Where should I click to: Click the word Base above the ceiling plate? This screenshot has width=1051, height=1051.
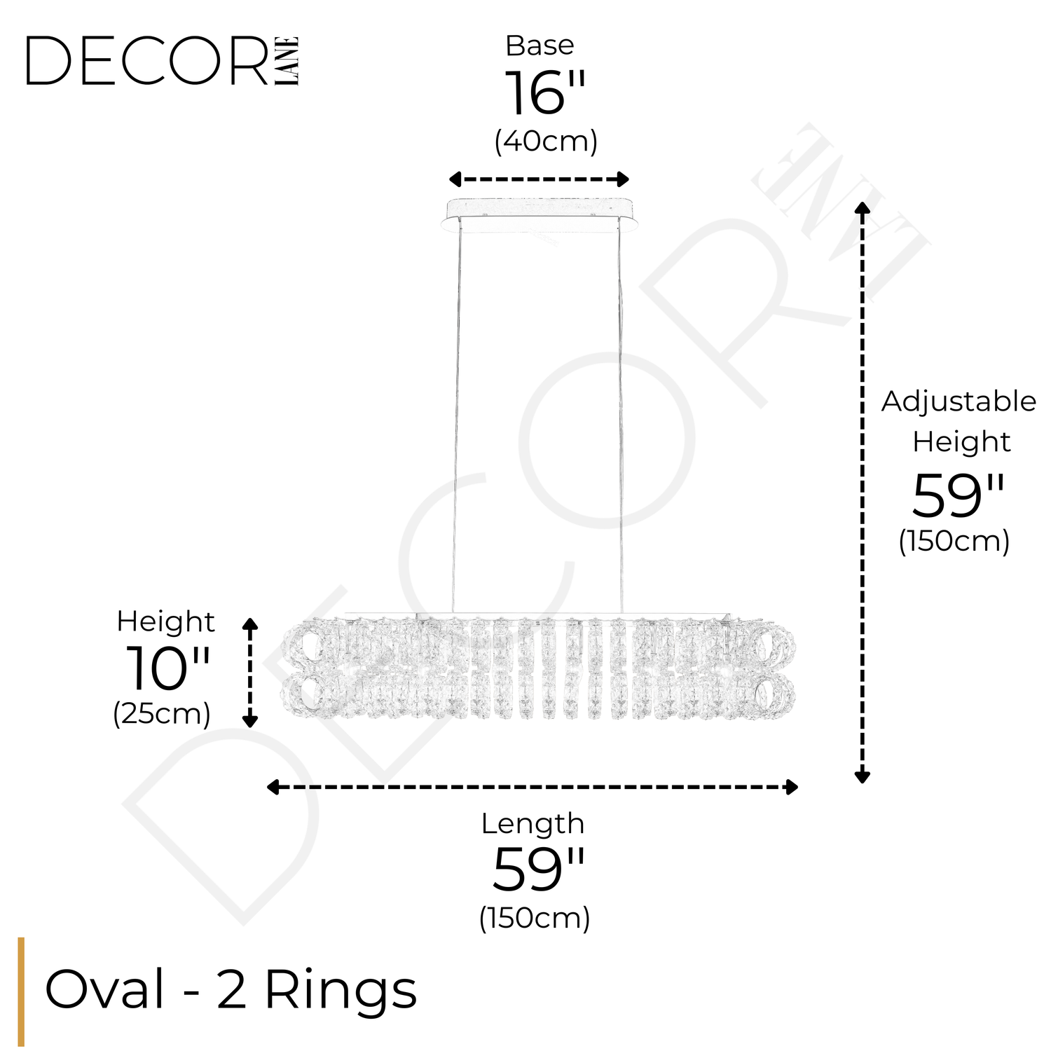tap(540, 46)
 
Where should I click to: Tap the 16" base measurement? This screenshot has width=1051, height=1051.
tap(544, 94)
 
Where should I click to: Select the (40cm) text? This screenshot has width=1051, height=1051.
tap(546, 142)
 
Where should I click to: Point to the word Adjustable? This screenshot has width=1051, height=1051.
tap(959, 402)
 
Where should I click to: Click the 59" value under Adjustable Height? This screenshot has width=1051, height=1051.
tap(957, 496)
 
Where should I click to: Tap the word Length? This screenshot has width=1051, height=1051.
tap(533, 824)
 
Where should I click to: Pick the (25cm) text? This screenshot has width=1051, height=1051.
tap(162, 714)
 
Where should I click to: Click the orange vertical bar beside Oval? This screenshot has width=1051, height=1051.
tap(21, 991)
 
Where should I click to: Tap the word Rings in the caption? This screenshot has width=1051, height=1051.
tap(341, 990)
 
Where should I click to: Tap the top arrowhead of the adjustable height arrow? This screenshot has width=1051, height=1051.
tap(863, 207)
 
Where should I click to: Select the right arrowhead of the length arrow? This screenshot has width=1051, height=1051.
tap(792, 787)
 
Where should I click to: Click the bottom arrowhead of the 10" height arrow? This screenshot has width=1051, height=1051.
tap(250, 722)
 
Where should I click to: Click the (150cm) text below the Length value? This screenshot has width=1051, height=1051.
tap(535, 917)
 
